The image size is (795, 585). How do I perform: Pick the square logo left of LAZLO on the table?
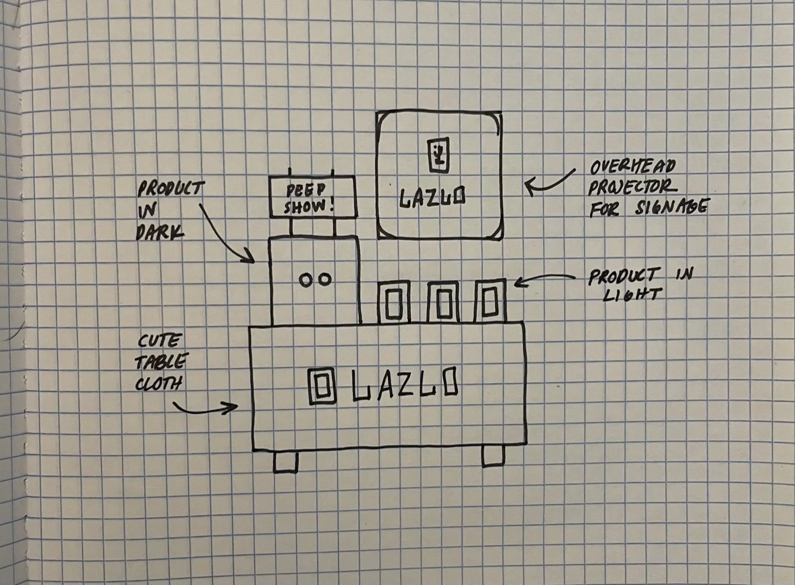click(320, 385)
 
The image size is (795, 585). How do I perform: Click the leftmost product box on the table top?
click(394, 302)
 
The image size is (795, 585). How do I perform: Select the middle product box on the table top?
click(443, 302)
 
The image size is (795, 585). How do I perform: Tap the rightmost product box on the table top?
click(490, 301)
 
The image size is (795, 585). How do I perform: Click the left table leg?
click(285, 461)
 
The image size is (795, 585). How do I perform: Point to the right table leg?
click(493, 456)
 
